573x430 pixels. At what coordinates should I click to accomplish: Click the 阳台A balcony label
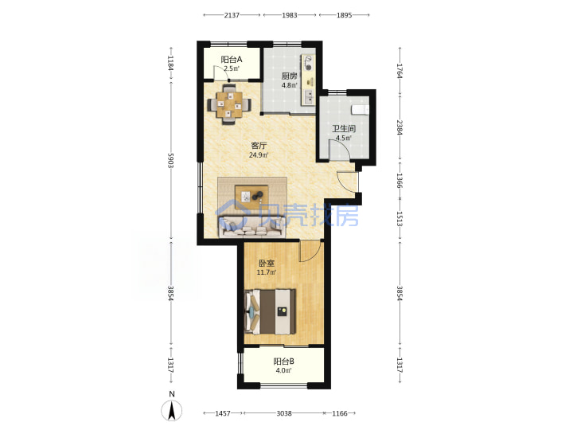232,59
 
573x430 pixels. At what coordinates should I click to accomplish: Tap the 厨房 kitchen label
289,76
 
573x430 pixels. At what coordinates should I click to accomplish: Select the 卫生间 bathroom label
344,129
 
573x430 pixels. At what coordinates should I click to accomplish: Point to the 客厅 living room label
259,145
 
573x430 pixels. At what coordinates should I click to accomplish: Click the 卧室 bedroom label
267,263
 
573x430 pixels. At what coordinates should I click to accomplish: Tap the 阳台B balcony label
284,362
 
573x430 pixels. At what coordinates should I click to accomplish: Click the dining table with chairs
229,104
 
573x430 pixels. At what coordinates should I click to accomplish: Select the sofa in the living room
251,227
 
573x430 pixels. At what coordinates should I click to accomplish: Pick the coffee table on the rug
251,197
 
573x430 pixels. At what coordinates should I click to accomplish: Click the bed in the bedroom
270,311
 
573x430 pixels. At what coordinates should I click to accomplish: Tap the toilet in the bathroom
360,109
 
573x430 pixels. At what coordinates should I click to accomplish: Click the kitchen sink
309,96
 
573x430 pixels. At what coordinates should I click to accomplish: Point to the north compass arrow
172,410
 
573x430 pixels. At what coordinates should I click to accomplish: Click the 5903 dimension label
170,160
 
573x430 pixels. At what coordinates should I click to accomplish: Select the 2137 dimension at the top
232,15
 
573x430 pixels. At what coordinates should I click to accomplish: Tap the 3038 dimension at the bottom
283,413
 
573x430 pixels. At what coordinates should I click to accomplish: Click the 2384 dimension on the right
400,127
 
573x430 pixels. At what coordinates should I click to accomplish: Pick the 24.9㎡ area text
259,154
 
